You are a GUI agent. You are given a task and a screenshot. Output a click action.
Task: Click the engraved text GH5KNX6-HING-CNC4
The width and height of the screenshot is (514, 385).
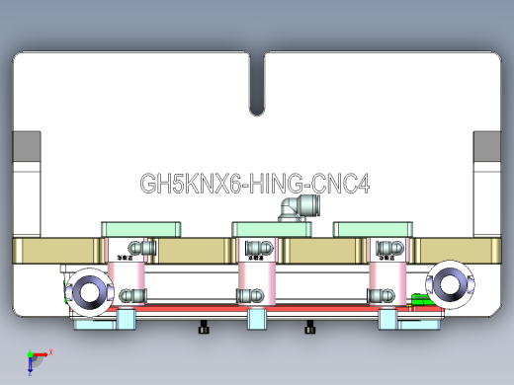(255, 185)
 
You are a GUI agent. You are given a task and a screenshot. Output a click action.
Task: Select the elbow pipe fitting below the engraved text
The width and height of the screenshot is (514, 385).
(291, 207)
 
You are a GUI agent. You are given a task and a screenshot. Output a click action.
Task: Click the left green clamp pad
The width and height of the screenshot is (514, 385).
(142, 229)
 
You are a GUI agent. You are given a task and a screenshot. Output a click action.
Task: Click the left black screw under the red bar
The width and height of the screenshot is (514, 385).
(205, 328)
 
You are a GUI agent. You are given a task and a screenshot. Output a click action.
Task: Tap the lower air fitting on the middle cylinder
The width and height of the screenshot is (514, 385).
(248, 294)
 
